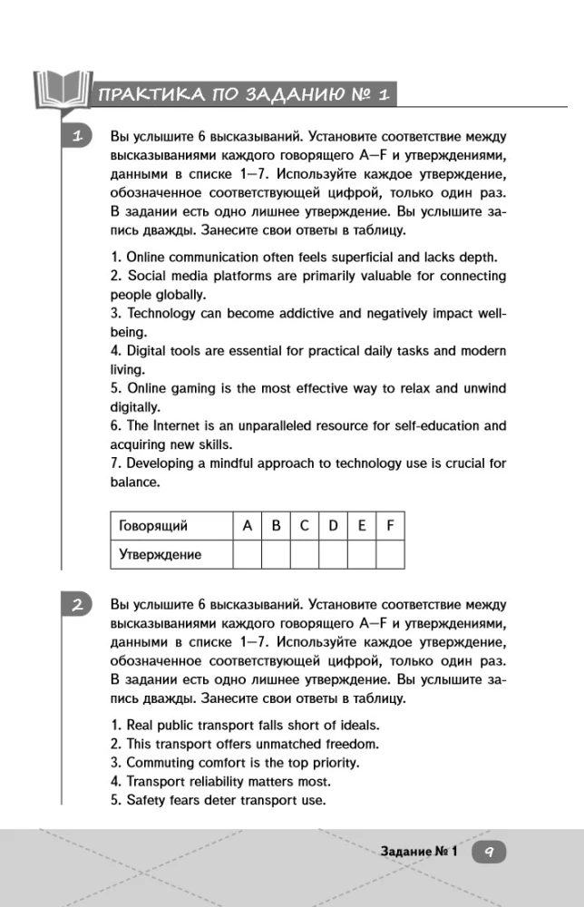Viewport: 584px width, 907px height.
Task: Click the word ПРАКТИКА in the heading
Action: tap(139, 94)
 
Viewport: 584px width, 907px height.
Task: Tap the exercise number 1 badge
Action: tap(78, 137)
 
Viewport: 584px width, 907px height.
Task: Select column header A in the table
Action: tap(247, 525)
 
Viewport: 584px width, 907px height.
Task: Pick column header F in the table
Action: tap(390, 525)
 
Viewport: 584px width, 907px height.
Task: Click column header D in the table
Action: tap(333, 525)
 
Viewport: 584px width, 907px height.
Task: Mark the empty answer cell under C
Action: tap(305, 554)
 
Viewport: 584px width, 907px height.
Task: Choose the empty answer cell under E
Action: tap(362, 554)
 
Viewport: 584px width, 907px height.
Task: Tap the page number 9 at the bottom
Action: tap(488, 852)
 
